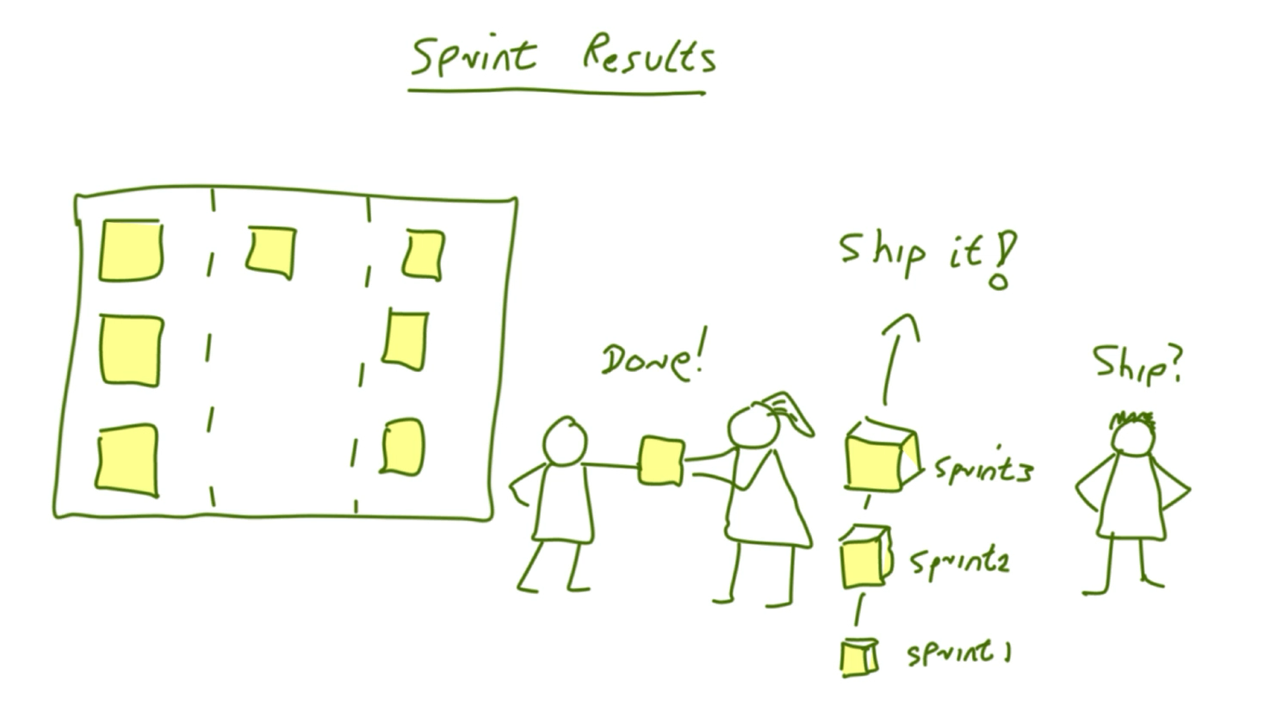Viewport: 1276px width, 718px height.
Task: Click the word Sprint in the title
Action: [474, 57]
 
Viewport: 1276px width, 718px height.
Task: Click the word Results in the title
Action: [649, 54]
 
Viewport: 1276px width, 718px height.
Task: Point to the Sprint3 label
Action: [983, 469]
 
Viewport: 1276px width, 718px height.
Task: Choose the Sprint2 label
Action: [959, 564]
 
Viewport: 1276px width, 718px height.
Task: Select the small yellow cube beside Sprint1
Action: [859, 658]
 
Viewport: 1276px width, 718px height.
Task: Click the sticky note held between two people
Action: [660, 461]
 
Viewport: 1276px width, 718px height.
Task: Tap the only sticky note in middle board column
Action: [272, 252]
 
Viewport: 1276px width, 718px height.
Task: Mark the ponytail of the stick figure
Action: [789, 413]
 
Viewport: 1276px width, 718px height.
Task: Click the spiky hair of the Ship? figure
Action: [1132, 419]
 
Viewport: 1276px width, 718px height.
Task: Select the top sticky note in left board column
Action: [131, 250]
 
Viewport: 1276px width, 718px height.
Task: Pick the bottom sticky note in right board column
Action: [403, 447]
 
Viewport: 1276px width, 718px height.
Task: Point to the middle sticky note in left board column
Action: [132, 350]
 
